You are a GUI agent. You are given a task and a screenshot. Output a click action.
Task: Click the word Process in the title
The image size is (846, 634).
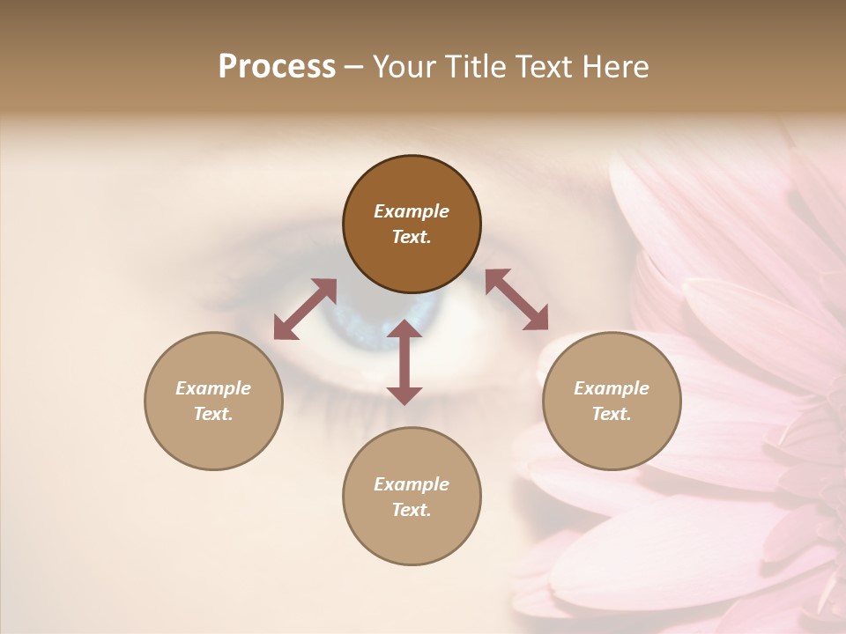point(277,67)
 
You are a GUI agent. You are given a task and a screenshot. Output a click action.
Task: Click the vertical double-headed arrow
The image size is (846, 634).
point(404,362)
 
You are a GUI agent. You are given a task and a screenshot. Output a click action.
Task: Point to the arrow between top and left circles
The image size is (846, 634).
point(305,309)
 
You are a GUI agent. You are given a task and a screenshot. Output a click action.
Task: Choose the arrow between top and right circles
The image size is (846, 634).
point(516,299)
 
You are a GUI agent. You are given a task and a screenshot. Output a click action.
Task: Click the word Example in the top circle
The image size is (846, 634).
point(412,211)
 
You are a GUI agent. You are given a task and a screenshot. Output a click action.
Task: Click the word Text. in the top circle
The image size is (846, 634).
point(412,237)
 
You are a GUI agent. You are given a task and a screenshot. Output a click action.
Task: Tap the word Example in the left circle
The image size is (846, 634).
point(213,388)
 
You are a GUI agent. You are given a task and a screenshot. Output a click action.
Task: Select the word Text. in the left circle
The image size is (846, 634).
point(213,414)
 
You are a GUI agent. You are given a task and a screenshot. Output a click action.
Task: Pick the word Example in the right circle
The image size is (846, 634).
point(612,388)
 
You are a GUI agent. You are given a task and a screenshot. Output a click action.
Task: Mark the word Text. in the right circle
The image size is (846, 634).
point(612,414)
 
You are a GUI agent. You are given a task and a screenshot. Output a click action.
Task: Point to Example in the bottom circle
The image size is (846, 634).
point(412,484)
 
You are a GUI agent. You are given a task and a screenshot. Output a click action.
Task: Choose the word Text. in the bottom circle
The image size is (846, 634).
point(412,510)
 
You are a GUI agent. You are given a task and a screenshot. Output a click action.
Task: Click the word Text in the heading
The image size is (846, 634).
point(541,67)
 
